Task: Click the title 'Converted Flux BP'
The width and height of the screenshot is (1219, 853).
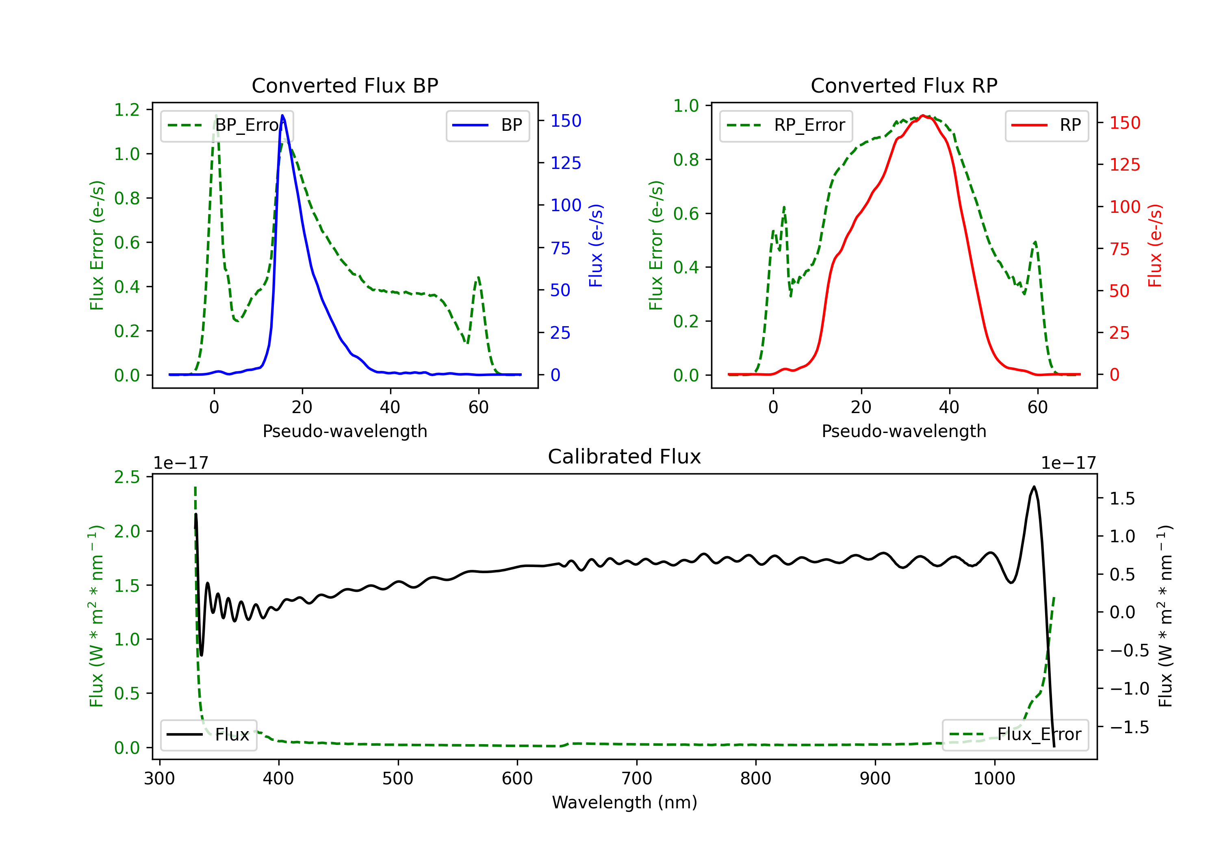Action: pyautogui.click(x=345, y=85)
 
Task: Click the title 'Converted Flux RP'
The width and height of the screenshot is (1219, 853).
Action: pyautogui.click(x=904, y=85)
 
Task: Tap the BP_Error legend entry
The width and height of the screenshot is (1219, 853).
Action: pyautogui.click(x=227, y=125)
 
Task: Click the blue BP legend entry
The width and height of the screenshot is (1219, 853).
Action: pyautogui.click(x=487, y=125)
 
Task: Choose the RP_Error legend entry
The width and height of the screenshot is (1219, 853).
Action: pyautogui.click(x=786, y=125)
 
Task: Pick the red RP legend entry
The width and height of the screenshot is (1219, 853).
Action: pyautogui.click(x=1046, y=125)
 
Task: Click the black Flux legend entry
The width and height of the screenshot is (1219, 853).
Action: pyautogui.click(x=209, y=735)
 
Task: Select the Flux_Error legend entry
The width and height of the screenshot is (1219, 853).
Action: pyautogui.click(x=1015, y=735)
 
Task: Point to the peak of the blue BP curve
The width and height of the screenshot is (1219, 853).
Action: pyautogui.click(x=282, y=115)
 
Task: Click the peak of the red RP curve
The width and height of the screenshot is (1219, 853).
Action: pyautogui.click(x=923, y=115)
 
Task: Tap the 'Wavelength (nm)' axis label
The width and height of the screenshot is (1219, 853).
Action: pyautogui.click(x=625, y=802)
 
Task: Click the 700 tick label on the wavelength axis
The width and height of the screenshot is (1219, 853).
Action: pyautogui.click(x=637, y=779)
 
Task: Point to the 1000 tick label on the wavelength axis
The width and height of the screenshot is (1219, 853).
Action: pyautogui.click(x=994, y=779)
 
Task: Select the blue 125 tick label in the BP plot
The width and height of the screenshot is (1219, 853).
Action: pyautogui.click(x=566, y=163)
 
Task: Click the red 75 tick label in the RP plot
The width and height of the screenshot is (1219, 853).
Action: pyautogui.click(x=1120, y=249)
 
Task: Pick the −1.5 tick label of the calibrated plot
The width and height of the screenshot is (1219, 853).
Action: pyautogui.click(x=1129, y=727)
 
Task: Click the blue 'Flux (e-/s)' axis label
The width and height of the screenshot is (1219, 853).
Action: pyautogui.click(x=596, y=245)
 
